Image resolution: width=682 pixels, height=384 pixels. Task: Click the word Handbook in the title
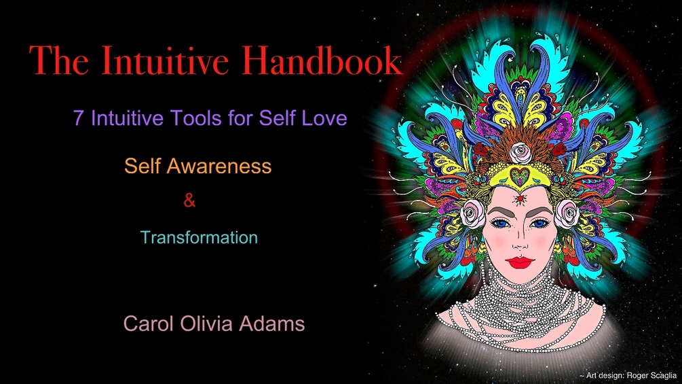(322, 61)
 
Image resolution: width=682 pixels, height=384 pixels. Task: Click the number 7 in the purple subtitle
(79, 118)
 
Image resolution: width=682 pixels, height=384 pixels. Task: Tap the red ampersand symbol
(190, 201)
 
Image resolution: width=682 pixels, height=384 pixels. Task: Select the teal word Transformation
(199, 238)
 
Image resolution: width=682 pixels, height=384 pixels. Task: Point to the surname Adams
(274, 324)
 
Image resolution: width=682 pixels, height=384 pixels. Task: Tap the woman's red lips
(520, 262)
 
